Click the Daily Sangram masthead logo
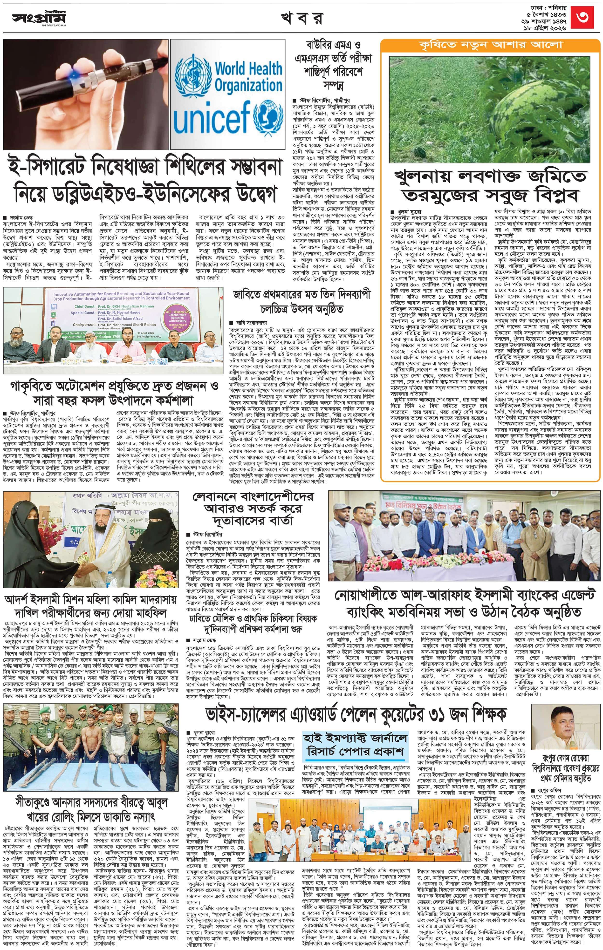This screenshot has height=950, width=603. tap(39, 18)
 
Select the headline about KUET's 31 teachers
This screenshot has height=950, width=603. tap(356, 713)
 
